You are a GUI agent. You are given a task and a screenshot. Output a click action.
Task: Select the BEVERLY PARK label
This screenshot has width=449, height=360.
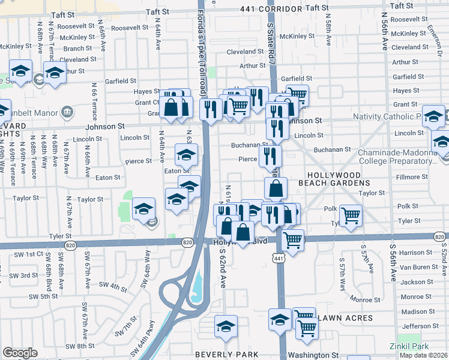click(x=226, y=354)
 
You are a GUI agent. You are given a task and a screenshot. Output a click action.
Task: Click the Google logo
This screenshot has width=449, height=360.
click(x=20, y=353)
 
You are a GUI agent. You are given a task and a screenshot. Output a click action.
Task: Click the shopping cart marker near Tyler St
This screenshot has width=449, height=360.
click(x=351, y=215)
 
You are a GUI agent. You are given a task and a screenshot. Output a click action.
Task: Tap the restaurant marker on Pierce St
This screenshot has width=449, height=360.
click(x=270, y=157)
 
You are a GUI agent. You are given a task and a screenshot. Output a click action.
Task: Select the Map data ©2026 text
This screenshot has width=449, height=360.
click(x=423, y=355)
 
